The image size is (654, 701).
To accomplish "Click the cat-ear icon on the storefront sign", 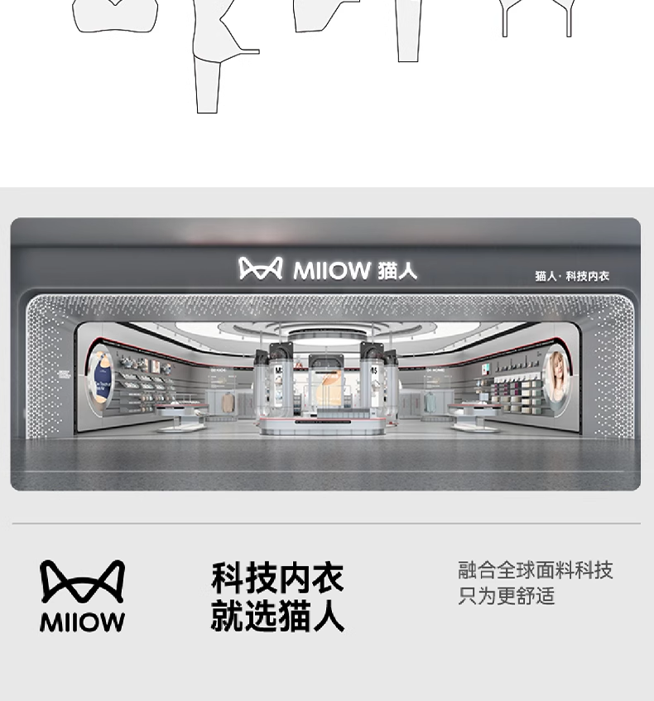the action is point(261,268).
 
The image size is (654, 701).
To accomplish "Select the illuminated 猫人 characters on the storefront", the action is point(397,270).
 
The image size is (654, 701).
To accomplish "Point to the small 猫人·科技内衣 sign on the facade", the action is point(571,276).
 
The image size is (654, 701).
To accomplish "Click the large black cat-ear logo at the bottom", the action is point(83,582).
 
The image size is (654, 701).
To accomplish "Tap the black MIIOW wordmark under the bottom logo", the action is point(83,622).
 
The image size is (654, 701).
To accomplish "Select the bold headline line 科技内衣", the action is point(277,578).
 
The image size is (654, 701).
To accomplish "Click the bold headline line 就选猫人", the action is point(277,617).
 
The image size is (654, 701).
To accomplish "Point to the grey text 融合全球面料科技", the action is point(535,570).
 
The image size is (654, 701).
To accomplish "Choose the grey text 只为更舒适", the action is point(506,596).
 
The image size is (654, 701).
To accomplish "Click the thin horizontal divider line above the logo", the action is point(326,524).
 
